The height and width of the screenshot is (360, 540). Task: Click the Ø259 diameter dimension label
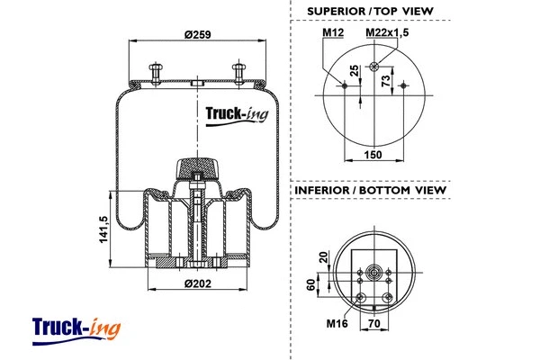coord(196,35)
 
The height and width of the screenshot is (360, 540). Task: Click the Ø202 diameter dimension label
coord(196,284)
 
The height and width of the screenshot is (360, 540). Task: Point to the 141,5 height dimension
coord(103,229)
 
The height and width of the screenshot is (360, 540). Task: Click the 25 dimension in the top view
coord(355,70)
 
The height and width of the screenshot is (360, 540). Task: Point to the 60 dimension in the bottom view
coord(310,285)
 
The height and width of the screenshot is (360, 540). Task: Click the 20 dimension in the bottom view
coord(324,257)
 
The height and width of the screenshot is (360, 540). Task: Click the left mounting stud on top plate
coord(155,71)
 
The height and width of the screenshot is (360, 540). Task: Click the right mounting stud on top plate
coord(239,71)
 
